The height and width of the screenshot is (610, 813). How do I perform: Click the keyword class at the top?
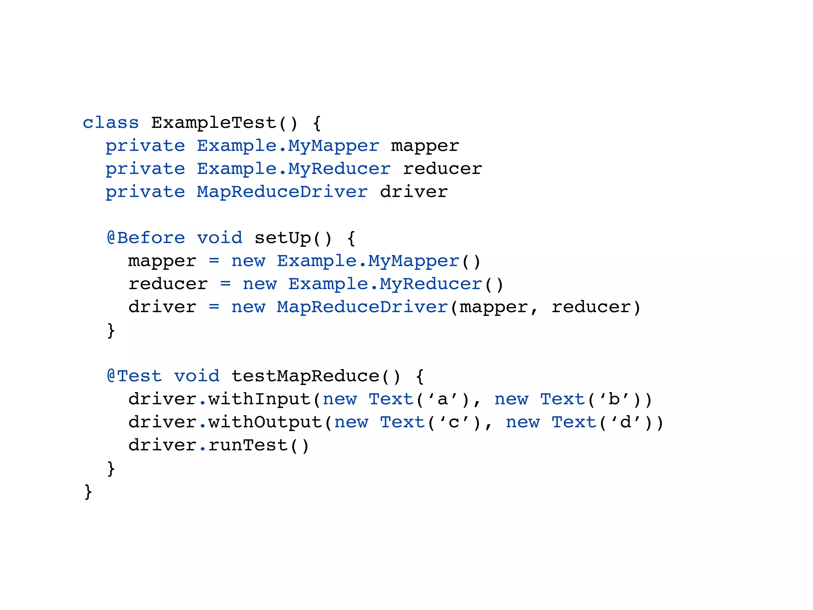(x=110, y=123)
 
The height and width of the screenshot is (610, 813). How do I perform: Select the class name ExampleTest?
(x=214, y=123)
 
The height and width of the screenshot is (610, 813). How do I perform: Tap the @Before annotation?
(x=146, y=238)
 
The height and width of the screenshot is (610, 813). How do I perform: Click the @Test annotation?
(x=134, y=376)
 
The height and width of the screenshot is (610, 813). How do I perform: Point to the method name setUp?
(x=283, y=238)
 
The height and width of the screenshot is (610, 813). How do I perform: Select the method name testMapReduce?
(x=305, y=376)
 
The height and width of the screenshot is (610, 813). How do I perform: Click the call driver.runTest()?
(x=218, y=445)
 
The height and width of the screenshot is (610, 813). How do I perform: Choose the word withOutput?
(x=265, y=422)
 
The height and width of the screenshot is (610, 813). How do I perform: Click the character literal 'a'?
(x=443, y=399)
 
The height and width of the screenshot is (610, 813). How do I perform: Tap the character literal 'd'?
(x=626, y=422)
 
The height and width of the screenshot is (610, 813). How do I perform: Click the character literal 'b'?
(x=614, y=399)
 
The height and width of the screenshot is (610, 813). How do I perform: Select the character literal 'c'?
(x=454, y=422)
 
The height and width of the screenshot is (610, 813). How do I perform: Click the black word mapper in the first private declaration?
(x=425, y=146)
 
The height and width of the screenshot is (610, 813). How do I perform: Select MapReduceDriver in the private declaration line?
(x=282, y=192)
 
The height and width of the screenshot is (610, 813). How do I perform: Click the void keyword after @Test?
(x=197, y=376)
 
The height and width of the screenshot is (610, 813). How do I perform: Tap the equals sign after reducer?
(x=225, y=284)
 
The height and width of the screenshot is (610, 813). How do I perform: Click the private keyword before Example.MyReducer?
(x=145, y=169)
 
